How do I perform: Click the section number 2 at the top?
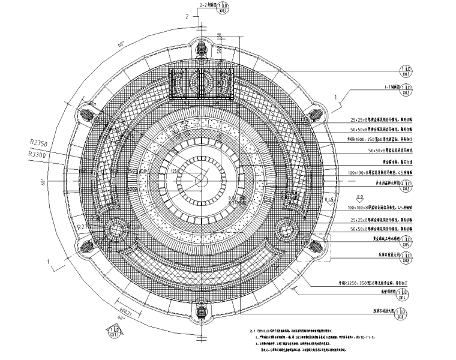[x=187, y=17]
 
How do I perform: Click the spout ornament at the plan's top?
[x=200, y=47]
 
